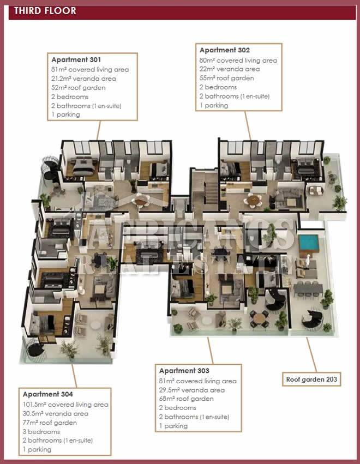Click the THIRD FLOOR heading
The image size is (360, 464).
point(45,11)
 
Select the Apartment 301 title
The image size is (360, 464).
point(76,60)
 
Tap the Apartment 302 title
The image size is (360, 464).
point(225,50)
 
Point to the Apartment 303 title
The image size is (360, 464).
point(184,371)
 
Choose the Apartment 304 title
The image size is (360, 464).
point(47,394)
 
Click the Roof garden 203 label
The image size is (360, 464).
point(311,379)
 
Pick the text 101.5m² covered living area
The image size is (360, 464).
point(65,405)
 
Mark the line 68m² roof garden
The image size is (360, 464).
point(186,399)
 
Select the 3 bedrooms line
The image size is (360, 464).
point(41,432)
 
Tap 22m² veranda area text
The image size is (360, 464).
point(230,69)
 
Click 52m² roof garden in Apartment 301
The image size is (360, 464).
point(78,88)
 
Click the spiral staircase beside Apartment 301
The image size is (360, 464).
point(50,168)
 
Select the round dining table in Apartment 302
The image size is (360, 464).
point(253,200)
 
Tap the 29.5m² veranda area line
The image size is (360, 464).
point(192,390)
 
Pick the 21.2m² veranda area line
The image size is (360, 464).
point(83,79)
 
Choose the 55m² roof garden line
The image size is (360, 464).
point(226,79)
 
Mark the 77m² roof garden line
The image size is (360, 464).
point(50,423)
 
